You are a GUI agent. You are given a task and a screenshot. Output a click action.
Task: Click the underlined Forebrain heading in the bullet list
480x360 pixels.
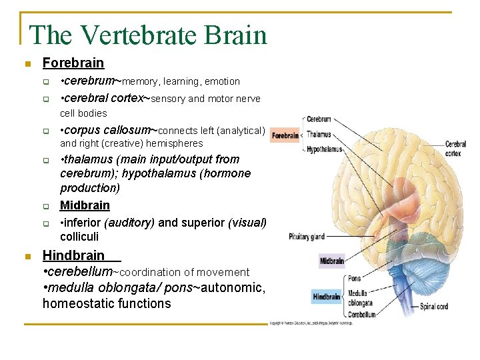tap(73, 63)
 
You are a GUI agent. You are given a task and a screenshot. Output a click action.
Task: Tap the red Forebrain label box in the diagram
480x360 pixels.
tap(285, 135)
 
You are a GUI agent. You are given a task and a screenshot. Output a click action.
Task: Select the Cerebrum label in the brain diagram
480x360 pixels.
tap(319, 119)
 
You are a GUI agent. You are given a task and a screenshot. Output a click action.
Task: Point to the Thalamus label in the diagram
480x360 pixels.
tap(319, 135)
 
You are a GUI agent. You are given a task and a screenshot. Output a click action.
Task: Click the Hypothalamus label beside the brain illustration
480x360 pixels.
tap(324, 149)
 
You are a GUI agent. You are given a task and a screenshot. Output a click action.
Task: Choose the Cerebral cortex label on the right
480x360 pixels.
tap(455, 148)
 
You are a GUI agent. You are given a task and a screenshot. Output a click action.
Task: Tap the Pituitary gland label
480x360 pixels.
tap(307, 237)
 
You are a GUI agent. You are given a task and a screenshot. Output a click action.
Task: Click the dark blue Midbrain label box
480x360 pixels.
tap(331, 261)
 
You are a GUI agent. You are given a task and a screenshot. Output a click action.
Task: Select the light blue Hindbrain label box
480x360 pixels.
tap(327, 297)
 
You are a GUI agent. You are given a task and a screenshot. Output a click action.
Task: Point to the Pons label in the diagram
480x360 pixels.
tap(354, 278)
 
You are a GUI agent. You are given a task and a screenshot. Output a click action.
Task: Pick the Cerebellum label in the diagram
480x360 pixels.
tap(361, 315)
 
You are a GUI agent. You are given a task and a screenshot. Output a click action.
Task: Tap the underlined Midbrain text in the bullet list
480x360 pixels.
tap(85, 205)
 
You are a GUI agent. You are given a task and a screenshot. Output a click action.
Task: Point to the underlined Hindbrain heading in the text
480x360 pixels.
tap(73, 255)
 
